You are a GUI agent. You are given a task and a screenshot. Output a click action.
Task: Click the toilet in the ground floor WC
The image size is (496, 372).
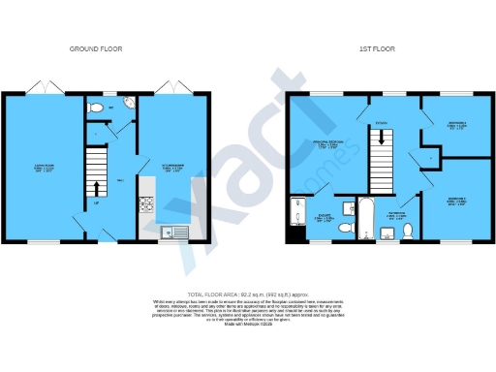click(94, 109)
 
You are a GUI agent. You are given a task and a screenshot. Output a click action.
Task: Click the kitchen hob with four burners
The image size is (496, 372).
click(148, 203)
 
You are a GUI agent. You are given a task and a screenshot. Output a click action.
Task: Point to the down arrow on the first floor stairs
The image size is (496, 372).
click(383, 139)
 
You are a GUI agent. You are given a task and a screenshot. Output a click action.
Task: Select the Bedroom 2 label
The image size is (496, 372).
click(457, 125)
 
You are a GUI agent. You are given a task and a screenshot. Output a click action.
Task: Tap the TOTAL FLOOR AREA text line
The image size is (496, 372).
click(247, 293)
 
